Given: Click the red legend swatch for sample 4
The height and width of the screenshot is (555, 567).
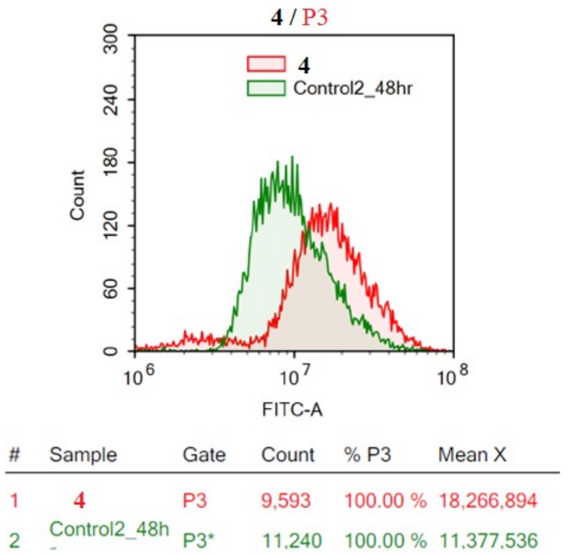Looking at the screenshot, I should coord(266,64).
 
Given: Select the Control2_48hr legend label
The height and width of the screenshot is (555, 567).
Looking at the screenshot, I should coord(353,88).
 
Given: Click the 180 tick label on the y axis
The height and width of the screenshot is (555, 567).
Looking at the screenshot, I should coord(111,162).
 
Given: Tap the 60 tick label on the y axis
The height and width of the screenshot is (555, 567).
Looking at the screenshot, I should coord(111,288).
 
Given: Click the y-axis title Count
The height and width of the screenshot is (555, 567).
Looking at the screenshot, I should coord(78,195).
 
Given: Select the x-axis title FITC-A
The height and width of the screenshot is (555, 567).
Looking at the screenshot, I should coord(292,410).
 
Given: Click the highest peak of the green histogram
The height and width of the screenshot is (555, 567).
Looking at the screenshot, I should coord(292,157).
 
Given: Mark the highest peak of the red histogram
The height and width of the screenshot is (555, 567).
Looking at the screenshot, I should coord(331,204).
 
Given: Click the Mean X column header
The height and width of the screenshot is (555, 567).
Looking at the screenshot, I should coord(472,455).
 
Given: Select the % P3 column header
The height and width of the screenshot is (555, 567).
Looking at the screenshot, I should coord(368,455).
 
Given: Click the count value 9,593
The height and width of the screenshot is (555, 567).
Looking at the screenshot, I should coord(286,501).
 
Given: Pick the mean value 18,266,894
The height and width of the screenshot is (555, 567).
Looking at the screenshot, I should coord(488,501).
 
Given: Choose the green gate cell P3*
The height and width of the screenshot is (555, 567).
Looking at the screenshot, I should coord(198,540).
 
